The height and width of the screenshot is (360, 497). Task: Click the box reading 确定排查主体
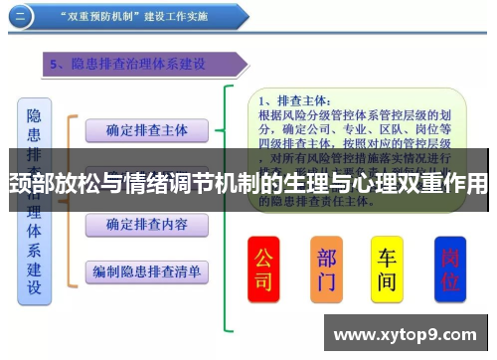[146, 130]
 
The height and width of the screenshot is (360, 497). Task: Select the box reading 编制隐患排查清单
[146, 270]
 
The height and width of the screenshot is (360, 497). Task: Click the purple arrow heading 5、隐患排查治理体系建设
[139, 65]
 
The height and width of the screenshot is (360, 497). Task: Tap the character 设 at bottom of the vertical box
[34, 288]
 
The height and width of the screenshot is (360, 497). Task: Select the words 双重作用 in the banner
[437, 185]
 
